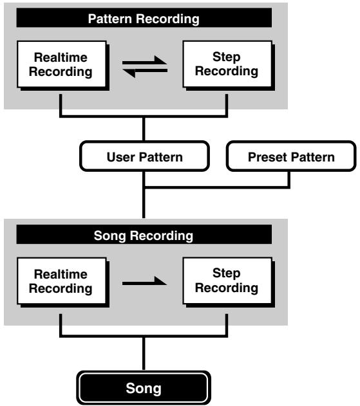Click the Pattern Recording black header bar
click(x=144, y=17)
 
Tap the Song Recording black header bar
click(x=144, y=234)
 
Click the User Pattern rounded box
click(x=145, y=156)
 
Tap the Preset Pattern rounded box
click(x=291, y=156)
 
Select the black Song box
click(x=144, y=388)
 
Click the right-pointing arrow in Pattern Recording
click(x=145, y=60)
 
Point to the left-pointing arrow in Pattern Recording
click(x=145, y=73)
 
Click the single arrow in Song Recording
click(x=144, y=281)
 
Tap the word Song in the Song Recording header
click(x=110, y=236)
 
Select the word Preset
click(x=268, y=157)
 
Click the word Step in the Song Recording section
click(x=226, y=273)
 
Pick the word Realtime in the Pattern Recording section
click(x=61, y=57)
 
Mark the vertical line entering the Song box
click(x=144, y=354)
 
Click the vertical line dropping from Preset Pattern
click(x=289, y=179)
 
